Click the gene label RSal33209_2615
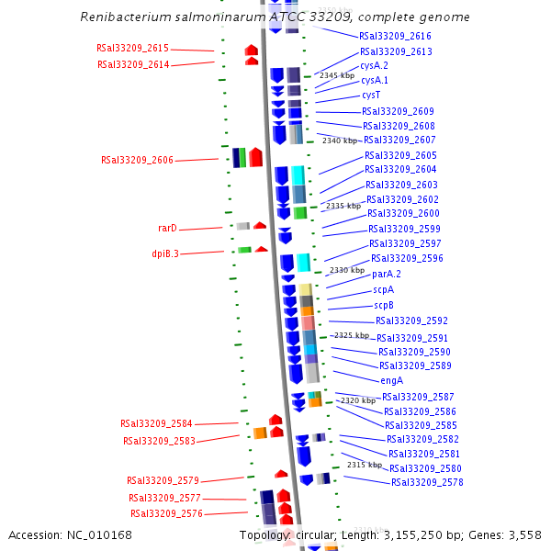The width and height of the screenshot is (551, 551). coord(132,49)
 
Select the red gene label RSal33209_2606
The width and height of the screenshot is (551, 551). coord(137,160)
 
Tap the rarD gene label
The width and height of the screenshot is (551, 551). coord(167,228)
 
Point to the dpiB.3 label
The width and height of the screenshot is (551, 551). coord(165,253)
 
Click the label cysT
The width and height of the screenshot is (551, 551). coord(371,95)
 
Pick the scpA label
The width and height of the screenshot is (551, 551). coord(383,289)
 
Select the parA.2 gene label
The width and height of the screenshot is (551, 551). coord(386,274)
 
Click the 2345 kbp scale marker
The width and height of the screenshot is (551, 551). coord(336,75)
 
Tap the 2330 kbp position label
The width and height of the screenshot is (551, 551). coord(347,270)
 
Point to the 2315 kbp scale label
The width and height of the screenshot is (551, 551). coord(364,466)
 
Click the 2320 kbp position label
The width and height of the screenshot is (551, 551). coord(357,400)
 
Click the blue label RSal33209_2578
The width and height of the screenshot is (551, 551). coord(427,482)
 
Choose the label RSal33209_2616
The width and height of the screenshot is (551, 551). coord(395,35)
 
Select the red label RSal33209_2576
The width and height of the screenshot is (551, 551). coord(166,513)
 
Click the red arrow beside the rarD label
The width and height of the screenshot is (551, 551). coord(260,225)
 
